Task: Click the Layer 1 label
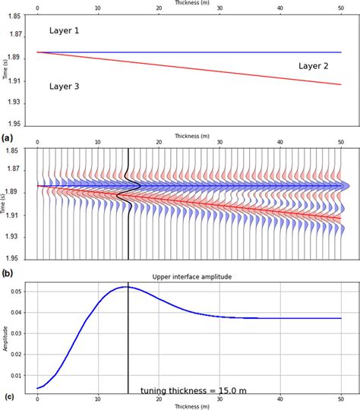click(64, 30)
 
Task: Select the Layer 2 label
click(313, 66)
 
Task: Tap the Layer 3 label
click(64, 87)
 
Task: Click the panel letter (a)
click(7, 138)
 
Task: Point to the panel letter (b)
click(7, 271)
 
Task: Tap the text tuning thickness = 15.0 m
click(193, 390)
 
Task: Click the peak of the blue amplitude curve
click(126, 287)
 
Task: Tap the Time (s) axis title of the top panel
click(5, 71)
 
